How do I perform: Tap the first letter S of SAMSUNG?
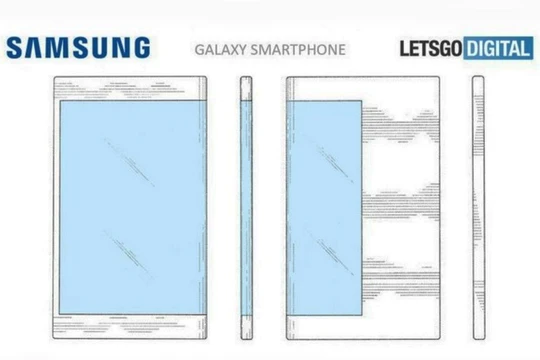[14, 47]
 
